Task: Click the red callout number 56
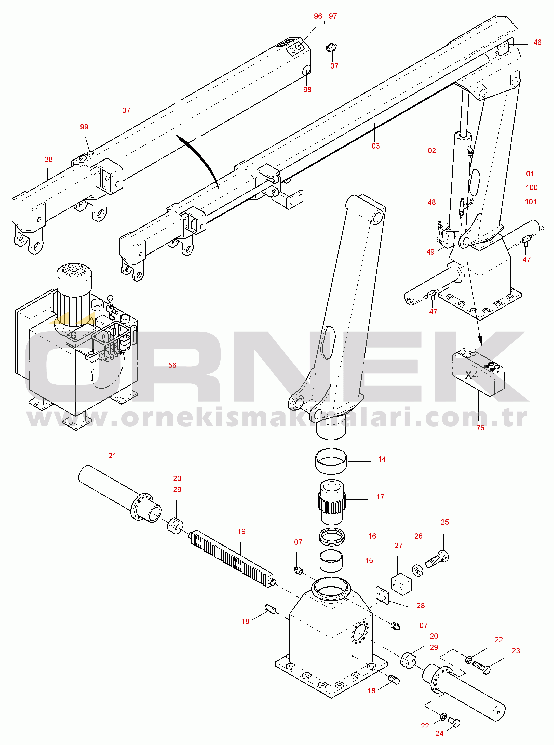coord(172,365)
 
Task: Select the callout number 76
coord(480,428)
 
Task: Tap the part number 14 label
coord(382,459)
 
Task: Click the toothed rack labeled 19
coord(233,558)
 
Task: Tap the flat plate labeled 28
coord(382,595)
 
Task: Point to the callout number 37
coord(126,110)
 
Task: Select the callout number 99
coord(84,127)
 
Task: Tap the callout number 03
coord(376,146)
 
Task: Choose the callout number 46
coord(537,42)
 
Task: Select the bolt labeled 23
coord(482,668)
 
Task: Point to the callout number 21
coord(112,456)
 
